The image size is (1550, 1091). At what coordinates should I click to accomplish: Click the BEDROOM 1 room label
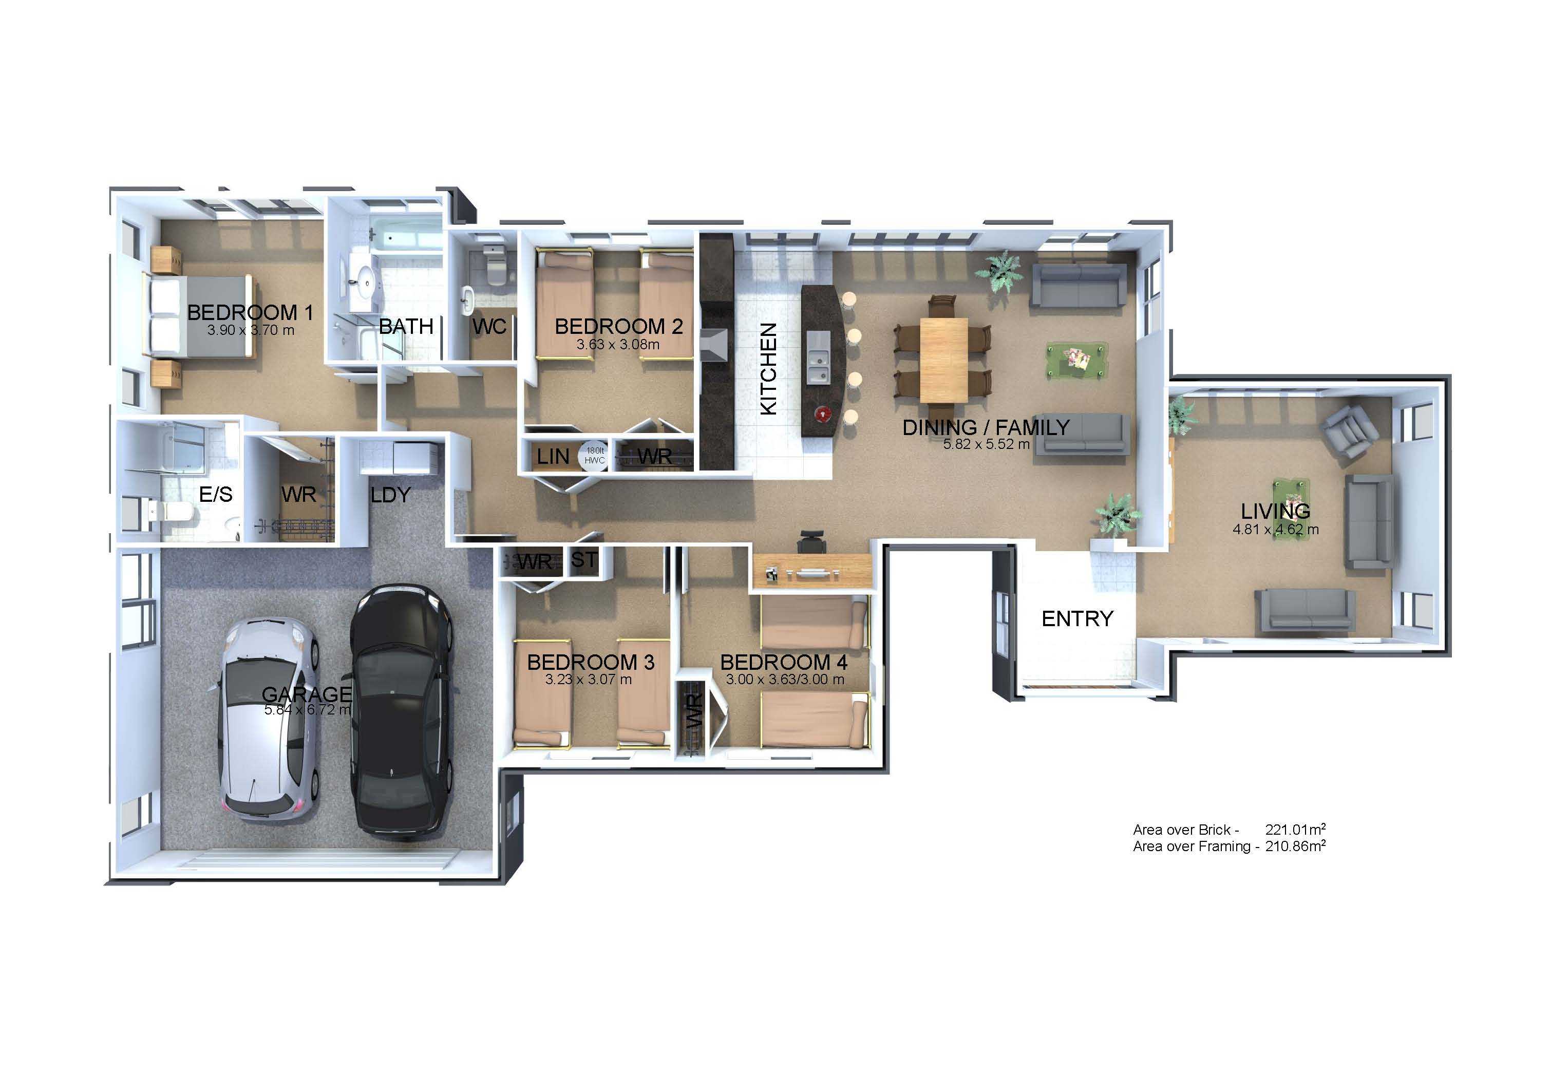point(250,313)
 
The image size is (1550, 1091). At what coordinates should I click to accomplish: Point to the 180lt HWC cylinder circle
point(595,456)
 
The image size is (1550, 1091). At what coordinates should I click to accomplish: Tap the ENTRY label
point(1077,618)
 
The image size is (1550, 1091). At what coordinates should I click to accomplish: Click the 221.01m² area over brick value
point(1295,829)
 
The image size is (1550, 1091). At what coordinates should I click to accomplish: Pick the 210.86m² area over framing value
point(1295,846)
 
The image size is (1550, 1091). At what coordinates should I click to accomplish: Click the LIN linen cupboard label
point(553,457)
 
